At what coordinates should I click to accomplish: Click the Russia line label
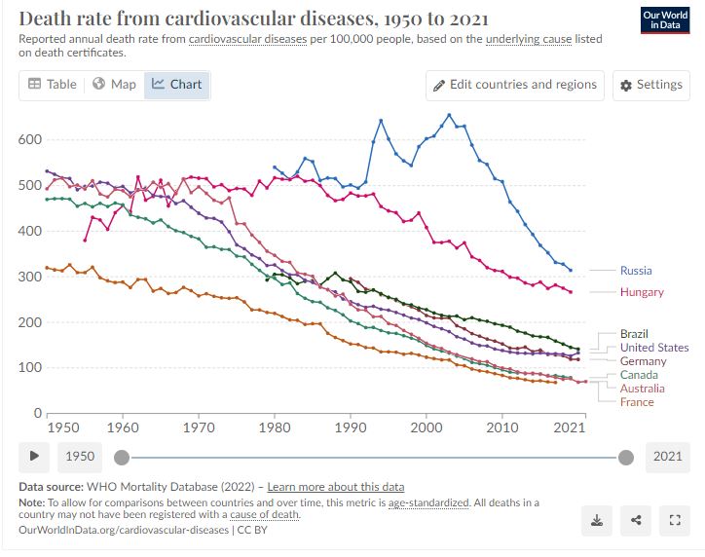(636, 271)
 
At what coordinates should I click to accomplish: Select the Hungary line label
(642, 292)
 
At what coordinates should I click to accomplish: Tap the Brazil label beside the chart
(634, 334)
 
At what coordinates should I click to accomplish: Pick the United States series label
(653, 348)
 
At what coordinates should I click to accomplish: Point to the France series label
(637, 402)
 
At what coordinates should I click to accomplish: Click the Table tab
(53, 85)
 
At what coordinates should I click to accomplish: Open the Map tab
(114, 85)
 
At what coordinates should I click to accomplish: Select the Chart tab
(176, 85)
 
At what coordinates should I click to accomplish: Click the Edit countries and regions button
(514, 85)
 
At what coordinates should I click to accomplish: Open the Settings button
(650, 85)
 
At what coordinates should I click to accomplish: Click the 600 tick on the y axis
(31, 140)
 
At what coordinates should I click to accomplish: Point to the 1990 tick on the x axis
(351, 427)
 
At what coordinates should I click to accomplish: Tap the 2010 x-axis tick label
(502, 427)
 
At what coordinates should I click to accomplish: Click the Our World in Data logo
(665, 21)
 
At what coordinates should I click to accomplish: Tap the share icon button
(635, 520)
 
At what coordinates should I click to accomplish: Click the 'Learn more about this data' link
(336, 487)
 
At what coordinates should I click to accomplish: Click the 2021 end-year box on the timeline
(667, 456)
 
